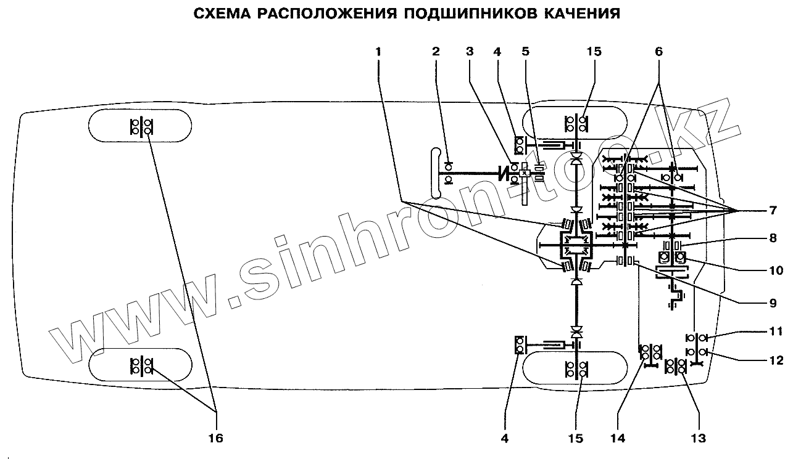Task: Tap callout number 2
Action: click(x=436, y=52)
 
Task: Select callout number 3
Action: click(x=470, y=52)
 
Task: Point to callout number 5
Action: click(x=525, y=52)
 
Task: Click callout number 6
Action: click(x=658, y=52)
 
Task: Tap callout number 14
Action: click(x=618, y=438)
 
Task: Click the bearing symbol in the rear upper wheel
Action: click(x=141, y=126)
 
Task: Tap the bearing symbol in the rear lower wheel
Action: click(x=141, y=365)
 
